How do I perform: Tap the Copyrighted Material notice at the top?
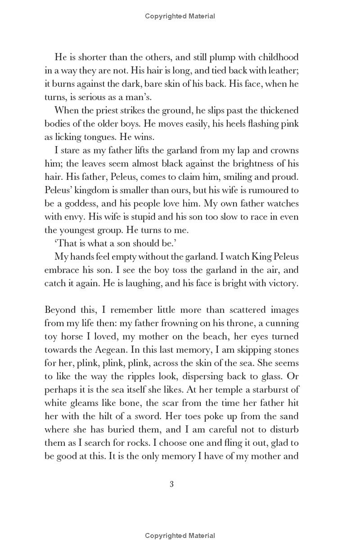pyautogui.click(x=180, y=16)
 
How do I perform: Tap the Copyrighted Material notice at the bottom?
pyautogui.click(x=180, y=535)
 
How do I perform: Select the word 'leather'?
pyautogui.click(x=283, y=71)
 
